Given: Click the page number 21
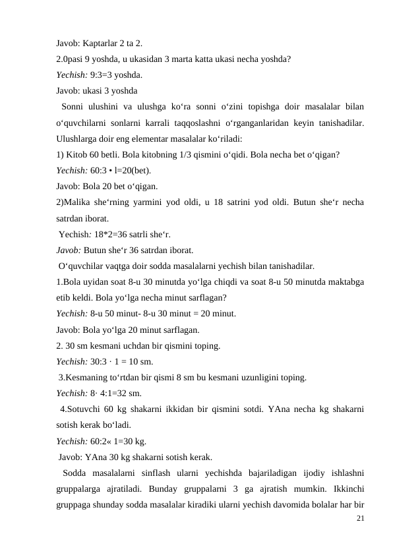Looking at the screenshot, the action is tap(359, 518).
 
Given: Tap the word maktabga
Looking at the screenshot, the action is tap(342, 281).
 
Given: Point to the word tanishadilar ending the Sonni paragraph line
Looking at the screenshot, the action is tap(338, 123).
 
